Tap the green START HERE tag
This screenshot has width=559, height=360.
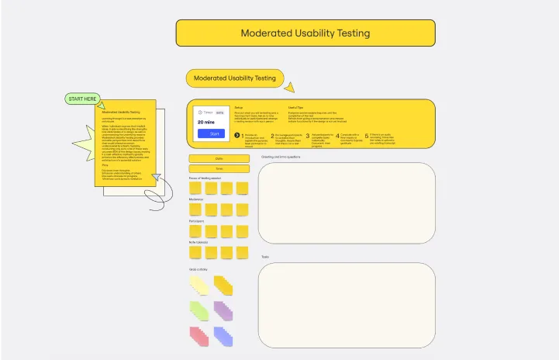click(83, 99)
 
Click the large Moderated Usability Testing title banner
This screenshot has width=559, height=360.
click(305, 33)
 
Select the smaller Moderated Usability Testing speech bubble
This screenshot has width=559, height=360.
click(234, 78)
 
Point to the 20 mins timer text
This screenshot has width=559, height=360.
click(206, 122)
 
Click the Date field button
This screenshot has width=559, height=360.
click(219, 158)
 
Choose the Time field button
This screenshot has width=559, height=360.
click(219, 168)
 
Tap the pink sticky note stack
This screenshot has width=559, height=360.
click(198, 336)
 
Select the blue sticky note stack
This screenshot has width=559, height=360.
click(223, 336)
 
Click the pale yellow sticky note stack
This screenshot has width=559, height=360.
click(198, 286)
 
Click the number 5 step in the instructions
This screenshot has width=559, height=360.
click(367, 135)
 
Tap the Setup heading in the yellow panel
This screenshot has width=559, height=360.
click(239, 107)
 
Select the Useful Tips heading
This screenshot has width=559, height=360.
click(295, 107)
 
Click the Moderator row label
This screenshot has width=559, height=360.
click(196, 199)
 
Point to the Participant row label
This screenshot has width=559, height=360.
click(197, 221)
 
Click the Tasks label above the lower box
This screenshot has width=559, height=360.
click(265, 257)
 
